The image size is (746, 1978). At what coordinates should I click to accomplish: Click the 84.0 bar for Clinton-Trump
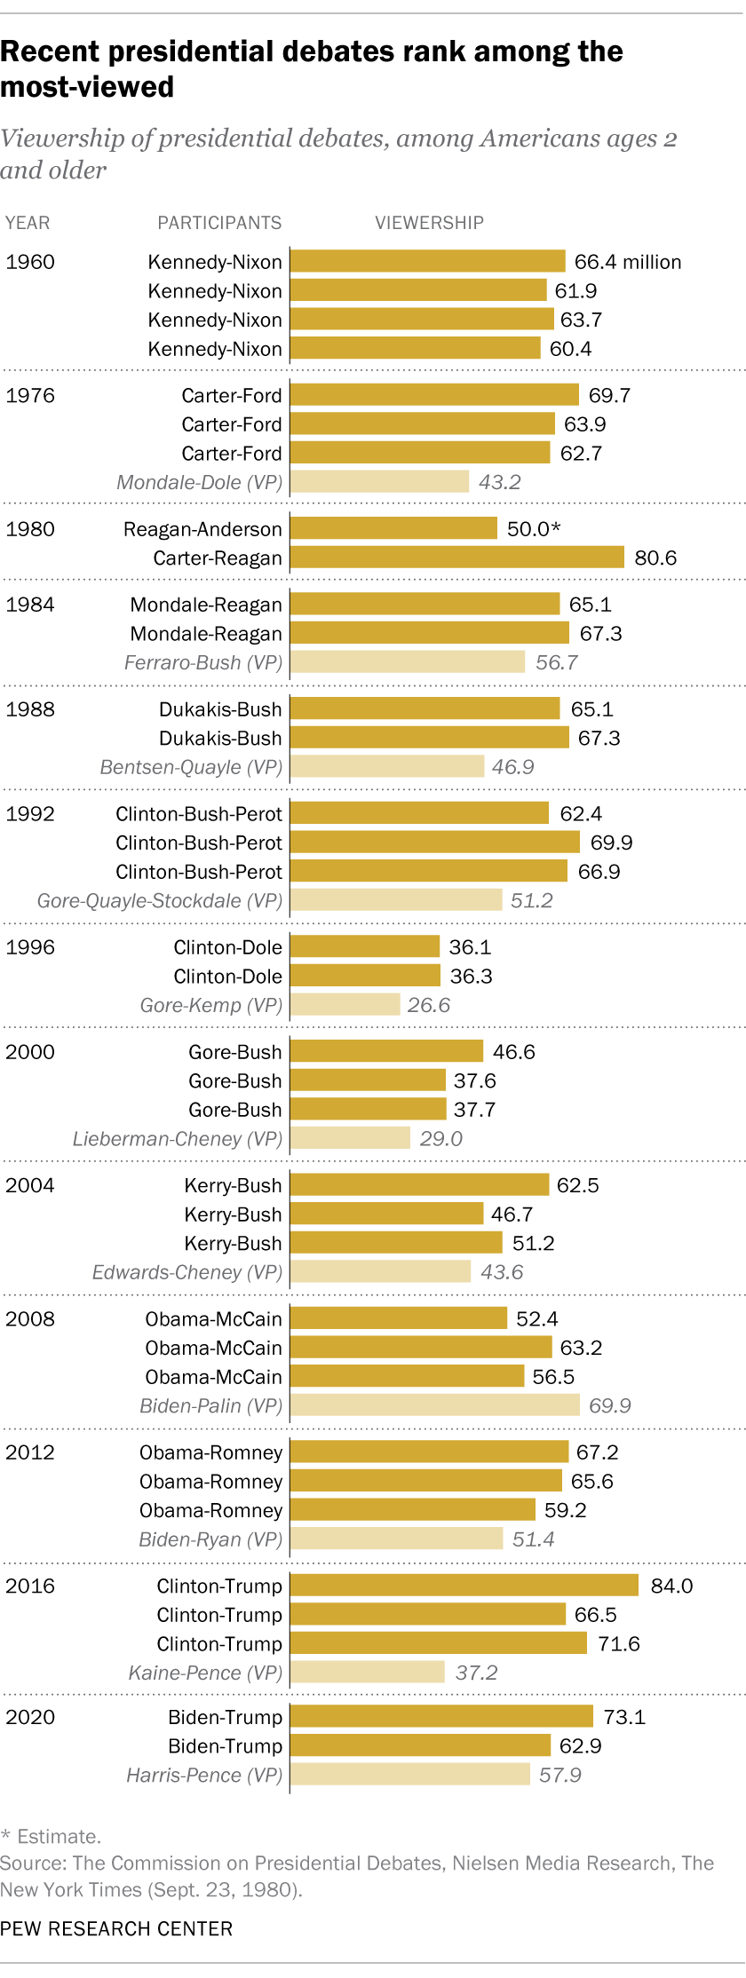464,1585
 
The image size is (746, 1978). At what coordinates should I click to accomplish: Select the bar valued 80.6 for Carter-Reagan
457,557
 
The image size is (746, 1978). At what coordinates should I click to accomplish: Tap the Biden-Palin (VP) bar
435,1404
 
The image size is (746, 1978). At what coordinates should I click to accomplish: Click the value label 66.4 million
627,262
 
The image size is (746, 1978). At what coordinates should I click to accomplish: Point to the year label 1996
30,946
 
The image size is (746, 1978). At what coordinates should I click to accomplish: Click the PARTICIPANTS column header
219,223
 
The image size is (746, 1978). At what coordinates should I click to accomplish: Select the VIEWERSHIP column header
429,223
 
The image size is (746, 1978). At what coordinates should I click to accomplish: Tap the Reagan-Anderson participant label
202,529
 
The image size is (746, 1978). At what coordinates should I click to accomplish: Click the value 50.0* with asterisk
534,529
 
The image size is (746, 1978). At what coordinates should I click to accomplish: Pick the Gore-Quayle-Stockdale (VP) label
160,900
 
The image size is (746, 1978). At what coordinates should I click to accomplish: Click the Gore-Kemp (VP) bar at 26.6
345,1004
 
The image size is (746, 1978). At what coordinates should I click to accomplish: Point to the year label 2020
30,1716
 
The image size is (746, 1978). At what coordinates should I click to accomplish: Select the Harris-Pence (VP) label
204,1775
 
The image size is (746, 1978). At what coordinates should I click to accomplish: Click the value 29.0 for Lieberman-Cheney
440,1138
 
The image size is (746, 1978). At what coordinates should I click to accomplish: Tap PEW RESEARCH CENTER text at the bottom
116,1928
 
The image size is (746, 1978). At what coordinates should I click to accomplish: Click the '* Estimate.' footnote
51,1836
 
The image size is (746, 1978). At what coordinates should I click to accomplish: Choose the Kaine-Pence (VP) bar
367,1672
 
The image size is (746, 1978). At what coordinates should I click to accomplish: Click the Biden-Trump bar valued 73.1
441,1716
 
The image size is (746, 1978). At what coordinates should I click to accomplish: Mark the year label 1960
30,262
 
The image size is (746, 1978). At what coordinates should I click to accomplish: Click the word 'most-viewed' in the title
87,87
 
